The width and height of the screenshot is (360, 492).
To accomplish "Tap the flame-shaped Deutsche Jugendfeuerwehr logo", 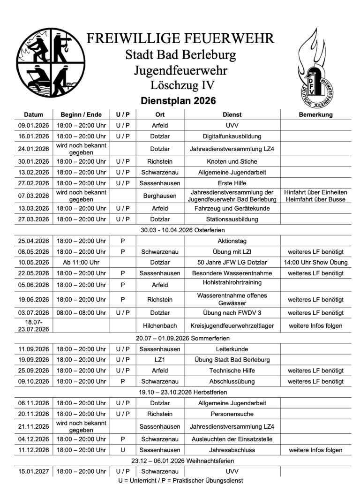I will pyautogui.click(x=315, y=67).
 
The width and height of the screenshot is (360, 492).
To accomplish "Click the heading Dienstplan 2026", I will pyautogui.click(x=179, y=101).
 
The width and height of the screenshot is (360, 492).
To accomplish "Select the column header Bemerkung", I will pyautogui.click(x=315, y=114).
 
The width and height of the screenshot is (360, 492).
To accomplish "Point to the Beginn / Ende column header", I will pyautogui.click(x=81, y=114).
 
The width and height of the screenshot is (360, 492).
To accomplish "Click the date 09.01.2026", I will pyautogui.click(x=33, y=126).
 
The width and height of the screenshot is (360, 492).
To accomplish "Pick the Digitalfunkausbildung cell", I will pyautogui.click(x=232, y=136).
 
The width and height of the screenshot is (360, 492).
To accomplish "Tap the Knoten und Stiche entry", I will pyautogui.click(x=232, y=161).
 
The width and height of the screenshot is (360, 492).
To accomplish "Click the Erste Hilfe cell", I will pyautogui.click(x=232, y=183).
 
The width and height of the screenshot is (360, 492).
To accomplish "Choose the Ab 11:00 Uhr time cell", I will pyautogui.click(x=81, y=262).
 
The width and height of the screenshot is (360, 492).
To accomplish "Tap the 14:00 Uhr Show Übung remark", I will pyautogui.click(x=315, y=262).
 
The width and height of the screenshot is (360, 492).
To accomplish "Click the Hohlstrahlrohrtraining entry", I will pyautogui.click(x=232, y=283).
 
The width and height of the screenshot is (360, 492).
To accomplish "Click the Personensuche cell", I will pyautogui.click(x=232, y=414).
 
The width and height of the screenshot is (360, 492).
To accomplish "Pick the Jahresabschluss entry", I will pyautogui.click(x=232, y=450).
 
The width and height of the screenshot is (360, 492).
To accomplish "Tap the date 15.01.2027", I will pyautogui.click(x=33, y=471).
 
